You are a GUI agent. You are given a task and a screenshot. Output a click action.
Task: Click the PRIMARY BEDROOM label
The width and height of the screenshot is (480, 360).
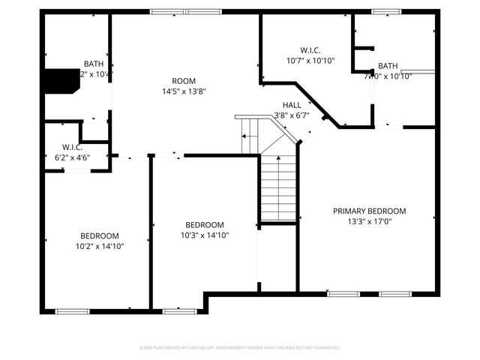point(369,211)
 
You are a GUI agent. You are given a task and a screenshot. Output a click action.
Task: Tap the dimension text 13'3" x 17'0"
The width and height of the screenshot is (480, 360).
point(369,222)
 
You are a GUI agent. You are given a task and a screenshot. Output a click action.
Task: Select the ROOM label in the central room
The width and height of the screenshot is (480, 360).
point(184,81)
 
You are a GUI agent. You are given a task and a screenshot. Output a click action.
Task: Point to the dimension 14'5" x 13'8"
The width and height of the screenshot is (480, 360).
point(184,91)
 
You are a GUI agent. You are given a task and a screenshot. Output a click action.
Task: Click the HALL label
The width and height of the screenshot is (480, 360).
point(292,105)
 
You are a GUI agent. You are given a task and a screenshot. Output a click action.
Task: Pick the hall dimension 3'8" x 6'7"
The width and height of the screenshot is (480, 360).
point(292,115)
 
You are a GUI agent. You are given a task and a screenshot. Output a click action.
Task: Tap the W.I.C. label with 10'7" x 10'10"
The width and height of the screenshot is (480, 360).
point(310,50)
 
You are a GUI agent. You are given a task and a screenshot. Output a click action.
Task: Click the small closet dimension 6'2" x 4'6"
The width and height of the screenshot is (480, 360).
point(73,157)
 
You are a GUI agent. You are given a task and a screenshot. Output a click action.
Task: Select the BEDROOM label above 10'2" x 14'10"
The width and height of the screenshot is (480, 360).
point(100,235)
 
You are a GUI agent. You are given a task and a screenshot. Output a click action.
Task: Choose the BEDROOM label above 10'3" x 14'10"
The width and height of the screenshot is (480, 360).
point(205,225)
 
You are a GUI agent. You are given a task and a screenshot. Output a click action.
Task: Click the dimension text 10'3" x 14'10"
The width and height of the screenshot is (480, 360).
point(205,235)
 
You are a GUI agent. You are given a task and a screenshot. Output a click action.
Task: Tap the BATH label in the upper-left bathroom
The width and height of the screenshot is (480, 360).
point(94,64)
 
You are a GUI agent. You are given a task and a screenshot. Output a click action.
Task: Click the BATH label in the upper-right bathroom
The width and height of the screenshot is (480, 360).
point(388,66)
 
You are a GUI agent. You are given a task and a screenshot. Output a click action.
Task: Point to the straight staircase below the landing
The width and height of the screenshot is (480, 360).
point(277,184)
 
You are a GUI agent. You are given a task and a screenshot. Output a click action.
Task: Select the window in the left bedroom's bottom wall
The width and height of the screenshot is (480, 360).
point(72,310)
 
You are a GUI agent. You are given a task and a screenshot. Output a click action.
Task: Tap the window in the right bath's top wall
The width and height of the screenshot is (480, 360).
point(386,11)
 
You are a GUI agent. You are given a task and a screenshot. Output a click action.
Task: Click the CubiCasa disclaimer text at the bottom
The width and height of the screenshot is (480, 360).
point(240,348)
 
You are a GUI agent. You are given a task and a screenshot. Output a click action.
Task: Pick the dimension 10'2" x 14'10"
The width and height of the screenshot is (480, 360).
point(100,246)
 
